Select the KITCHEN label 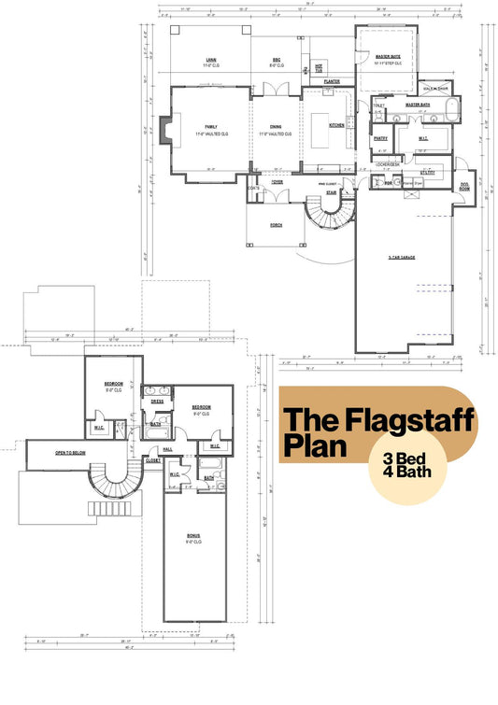click(x=336, y=125)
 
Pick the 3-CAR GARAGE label click(x=401, y=257)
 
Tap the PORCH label click(x=277, y=225)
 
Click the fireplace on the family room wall click(x=164, y=131)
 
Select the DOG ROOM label click(x=464, y=186)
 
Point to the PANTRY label click(x=380, y=138)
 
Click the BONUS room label click(x=193, y=536)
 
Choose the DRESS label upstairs click(x=157, y=402)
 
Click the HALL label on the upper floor click(x=168, y=449)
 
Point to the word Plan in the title click(x=313, y=444)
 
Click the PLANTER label click(x=331, y=81)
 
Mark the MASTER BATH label click(x=417, y=105)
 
